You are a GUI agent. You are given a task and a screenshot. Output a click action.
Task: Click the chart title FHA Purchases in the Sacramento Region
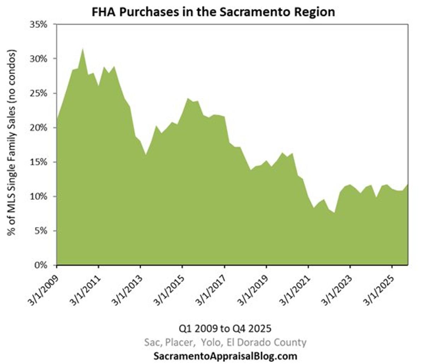213,12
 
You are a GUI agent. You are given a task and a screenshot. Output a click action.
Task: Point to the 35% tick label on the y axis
41,25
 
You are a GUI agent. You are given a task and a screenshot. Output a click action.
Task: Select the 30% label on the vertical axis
41,59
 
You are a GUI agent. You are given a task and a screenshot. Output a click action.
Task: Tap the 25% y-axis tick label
41,93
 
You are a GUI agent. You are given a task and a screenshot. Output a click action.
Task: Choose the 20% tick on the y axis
41,127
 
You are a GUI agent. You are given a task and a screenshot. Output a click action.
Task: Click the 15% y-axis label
41,162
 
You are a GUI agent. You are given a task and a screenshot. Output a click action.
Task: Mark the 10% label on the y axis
41,196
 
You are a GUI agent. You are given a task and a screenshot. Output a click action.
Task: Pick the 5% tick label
43,231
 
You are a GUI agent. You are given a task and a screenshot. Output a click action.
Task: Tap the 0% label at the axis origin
43,265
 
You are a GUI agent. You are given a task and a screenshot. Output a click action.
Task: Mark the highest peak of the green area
83,49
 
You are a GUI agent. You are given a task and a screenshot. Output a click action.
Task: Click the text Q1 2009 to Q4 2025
225,329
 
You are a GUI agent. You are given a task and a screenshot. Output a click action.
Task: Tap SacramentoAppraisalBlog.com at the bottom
225,356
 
